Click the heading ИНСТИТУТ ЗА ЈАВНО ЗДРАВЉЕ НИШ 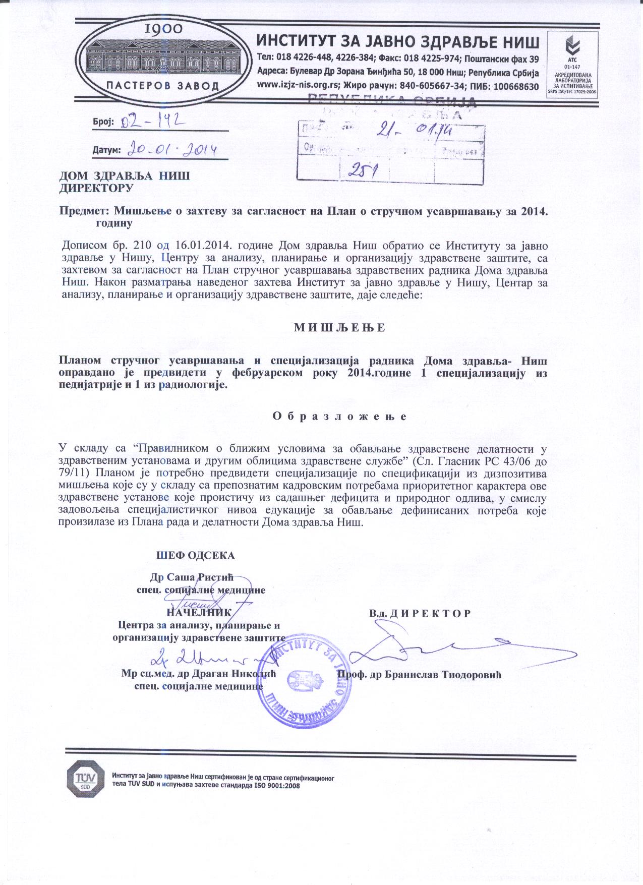tap(398, 41)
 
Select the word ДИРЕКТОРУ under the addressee tap(96, 188)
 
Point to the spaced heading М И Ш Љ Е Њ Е tap(339, 327)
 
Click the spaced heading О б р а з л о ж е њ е tap(339, 417)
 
